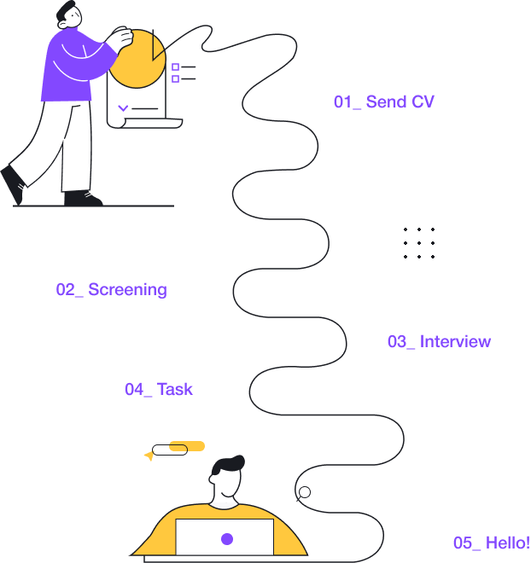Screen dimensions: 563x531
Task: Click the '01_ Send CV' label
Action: pos(383,102)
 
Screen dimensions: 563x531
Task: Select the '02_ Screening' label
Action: pos(111,290)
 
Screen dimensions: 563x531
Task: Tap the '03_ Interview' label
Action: pos(439,342)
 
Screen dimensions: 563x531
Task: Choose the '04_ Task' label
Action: pos(159,390)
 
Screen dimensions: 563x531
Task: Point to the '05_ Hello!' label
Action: pos(491,543)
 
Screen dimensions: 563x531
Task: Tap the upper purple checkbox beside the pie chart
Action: pos(175,67)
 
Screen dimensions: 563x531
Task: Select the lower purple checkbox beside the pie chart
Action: pos(175,79)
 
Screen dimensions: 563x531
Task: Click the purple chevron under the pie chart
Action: pos(123,108)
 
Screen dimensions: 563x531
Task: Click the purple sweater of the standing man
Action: pos(68,68)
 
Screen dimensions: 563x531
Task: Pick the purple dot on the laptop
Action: pos(227,539)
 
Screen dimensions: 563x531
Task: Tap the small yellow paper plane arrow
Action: pos(149,456)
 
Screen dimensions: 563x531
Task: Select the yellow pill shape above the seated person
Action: pos(187,445)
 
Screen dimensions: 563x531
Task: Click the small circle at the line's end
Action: pos(304,492)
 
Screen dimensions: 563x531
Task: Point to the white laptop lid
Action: pos(225,537)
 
